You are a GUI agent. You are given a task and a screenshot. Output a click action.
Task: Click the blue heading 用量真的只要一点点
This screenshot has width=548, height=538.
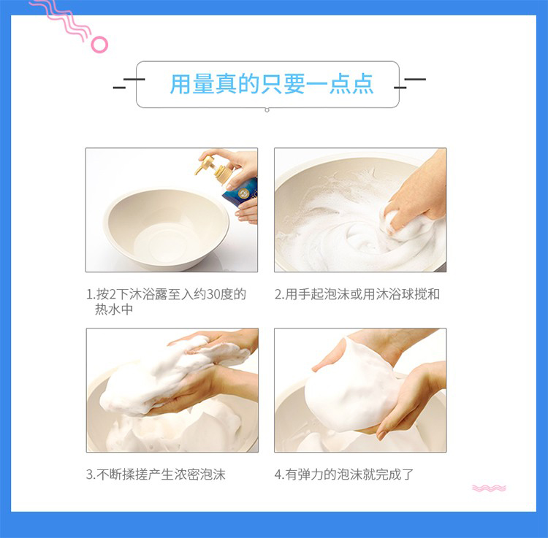click(x=272, y=84)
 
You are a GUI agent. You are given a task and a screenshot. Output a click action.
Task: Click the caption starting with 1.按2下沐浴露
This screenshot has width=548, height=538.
click(x=166, y=301)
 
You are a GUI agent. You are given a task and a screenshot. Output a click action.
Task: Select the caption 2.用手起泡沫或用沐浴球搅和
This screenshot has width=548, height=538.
click(x=357, y=294)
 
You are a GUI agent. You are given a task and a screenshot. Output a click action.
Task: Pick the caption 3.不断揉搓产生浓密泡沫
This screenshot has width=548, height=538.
click(x=156, y=474)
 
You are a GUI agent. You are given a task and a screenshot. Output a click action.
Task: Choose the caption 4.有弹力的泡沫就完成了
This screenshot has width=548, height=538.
click(x=344, y=474)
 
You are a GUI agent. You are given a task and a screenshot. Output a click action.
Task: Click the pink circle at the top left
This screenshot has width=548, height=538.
click(x=99, y=45)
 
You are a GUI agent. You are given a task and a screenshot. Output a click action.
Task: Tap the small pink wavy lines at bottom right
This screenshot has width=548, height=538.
click(x=489, y=488)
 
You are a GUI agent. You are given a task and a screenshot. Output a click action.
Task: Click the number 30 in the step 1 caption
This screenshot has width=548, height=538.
click(x=213, y=295)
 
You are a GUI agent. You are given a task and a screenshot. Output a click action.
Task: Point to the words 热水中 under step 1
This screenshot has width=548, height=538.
click(x=114, y=310)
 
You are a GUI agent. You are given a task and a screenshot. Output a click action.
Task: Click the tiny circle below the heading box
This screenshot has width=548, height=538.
click(x=267, y=110)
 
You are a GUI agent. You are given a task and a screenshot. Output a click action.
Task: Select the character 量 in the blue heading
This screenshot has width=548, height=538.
click(x=204, y=84)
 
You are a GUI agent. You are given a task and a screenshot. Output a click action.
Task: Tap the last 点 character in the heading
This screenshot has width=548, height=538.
click(x=362, y=84)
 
